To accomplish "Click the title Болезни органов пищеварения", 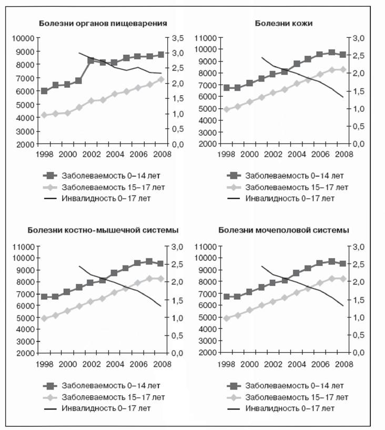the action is tap(103, 23).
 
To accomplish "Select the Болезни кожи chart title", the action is tap(283, 23).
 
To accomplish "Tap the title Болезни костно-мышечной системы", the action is tap(103, 230).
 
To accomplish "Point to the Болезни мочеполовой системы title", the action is tap(283, 230).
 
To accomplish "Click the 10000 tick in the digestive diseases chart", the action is tap(23, 38).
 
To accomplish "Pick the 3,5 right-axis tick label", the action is tap(178, 38).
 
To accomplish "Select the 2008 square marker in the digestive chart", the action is tap(161, 55).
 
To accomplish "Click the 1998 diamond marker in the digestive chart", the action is tap(44, 115).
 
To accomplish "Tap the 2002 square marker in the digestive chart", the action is tap(91, 60).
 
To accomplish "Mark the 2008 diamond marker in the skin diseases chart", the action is tap(343, 70).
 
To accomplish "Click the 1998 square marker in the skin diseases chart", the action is tap(227, 88).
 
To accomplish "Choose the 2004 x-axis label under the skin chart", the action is tap(297, 154).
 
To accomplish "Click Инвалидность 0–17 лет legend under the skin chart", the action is tap(290, 198).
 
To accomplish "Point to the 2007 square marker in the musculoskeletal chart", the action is tap(149, 261).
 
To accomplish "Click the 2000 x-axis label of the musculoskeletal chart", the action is tap(67, 364).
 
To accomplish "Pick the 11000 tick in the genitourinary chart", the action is tap(206, 247).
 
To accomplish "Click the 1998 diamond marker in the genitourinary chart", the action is tap(227, 319).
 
